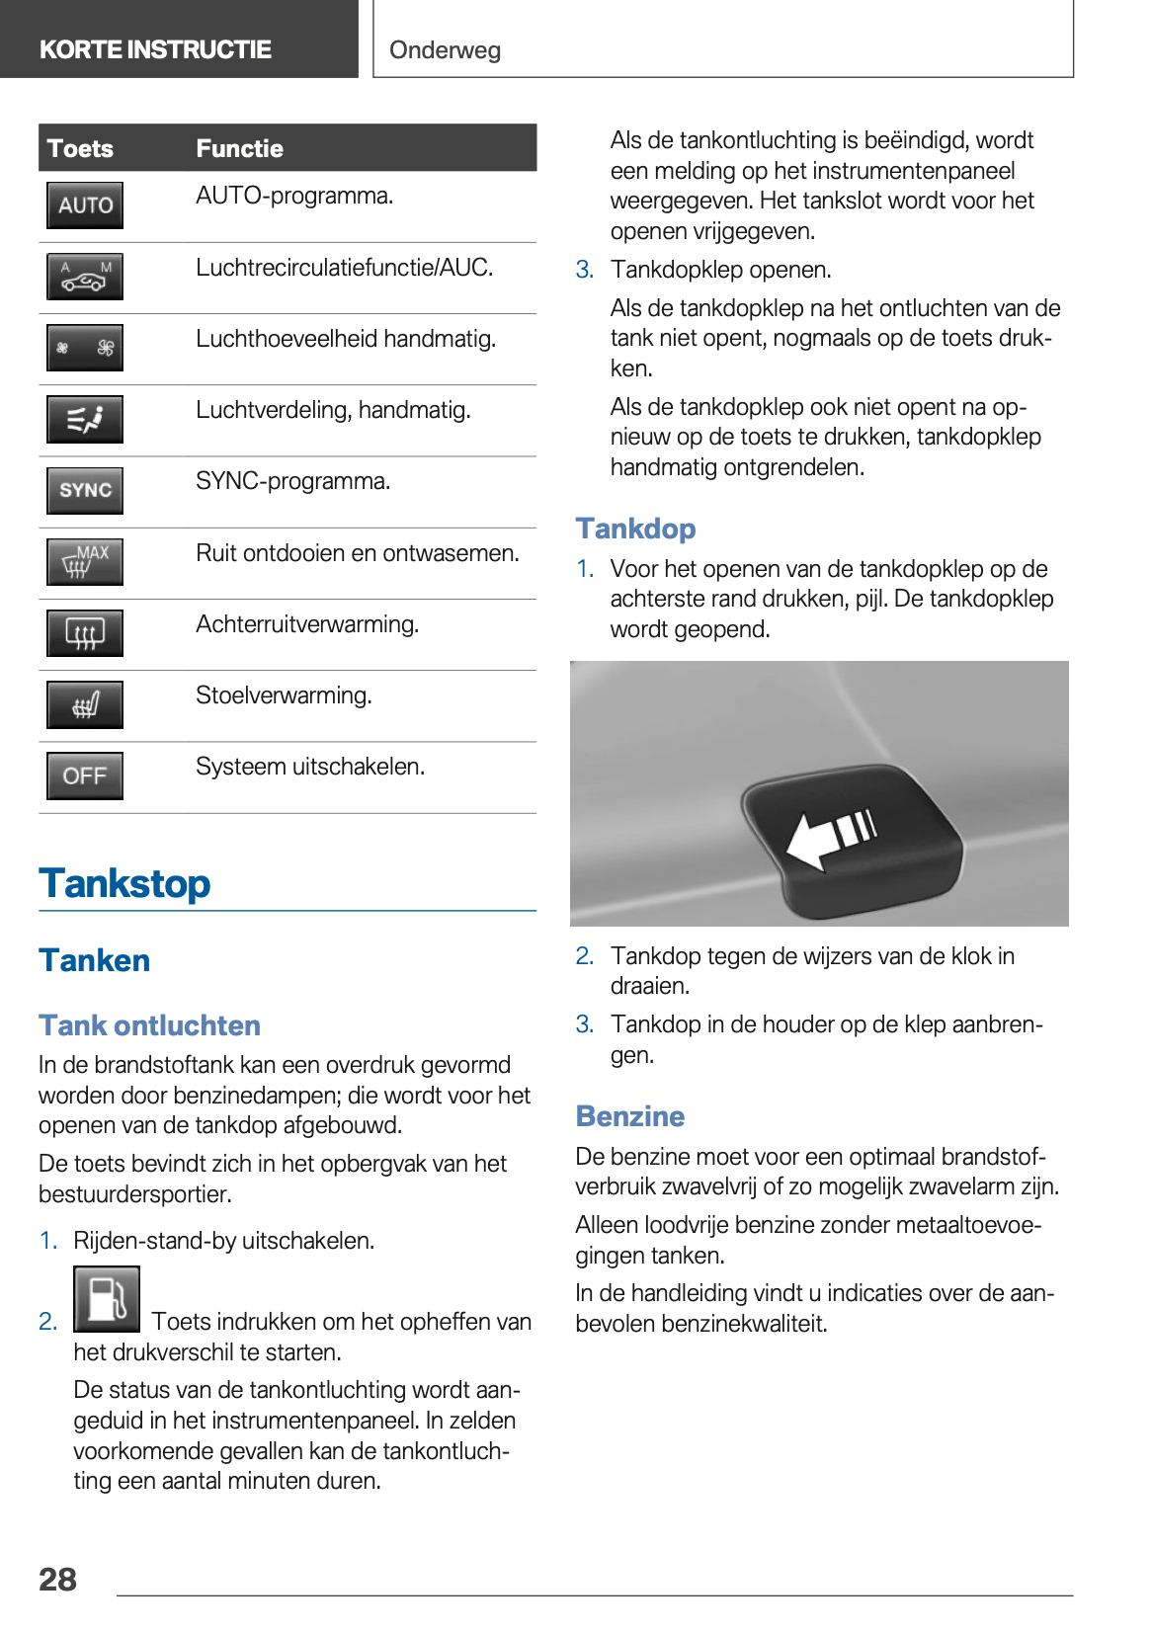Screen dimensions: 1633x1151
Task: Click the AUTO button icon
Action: pyautogui.click(x=85, y=205)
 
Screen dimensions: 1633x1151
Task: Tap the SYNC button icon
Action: pyautogui.click(x=85, y=490)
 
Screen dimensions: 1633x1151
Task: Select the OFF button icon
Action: pyautogui.click(x=85, y=776)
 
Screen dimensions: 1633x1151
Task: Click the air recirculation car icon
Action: pyautogui.click(x=85, y=277)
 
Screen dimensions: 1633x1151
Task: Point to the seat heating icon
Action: pyautogui.click(x=85, y=704)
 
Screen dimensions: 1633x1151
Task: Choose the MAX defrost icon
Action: pyautogui.click(x=85, y=561)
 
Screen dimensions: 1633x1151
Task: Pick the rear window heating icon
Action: pyautogui.click(x=85, y=633)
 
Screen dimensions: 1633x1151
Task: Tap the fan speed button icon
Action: pyautogui.click(x=85, y=348)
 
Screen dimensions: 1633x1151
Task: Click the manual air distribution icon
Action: pyautogui.click(x=85, y=419)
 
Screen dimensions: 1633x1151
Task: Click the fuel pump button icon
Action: pyautogui.click(x=107, y=1299)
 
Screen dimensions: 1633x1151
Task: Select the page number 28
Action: pyautogui.click(x=57, y=1579)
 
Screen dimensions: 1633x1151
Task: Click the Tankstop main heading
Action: pyautogui.click(x=124, y=883)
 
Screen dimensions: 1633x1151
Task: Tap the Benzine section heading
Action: pyautogui.click(x=630, y=1116)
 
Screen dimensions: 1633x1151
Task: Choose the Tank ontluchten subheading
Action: pyautogui.click(x=149, y=1025)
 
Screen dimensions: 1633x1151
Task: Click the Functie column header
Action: pyautogui.click(x=239, y=148)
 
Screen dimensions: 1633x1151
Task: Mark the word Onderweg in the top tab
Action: pyautogui.click(x=445, y=49)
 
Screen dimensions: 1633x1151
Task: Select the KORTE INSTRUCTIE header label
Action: pyautogui.click(x=155, y=49)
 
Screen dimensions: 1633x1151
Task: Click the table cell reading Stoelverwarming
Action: pyautogui.click(x=284, y=695)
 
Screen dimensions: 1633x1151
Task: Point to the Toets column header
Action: pyautogui.click(x=80, y=148)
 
